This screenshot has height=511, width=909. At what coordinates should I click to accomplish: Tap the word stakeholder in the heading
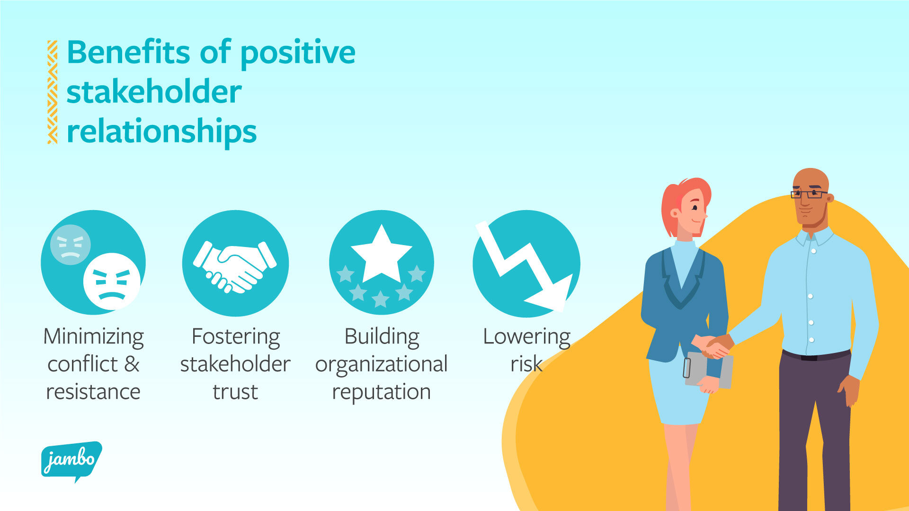154,92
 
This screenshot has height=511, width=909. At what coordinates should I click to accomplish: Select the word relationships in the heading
161,132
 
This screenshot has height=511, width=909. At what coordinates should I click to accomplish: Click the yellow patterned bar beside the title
52,92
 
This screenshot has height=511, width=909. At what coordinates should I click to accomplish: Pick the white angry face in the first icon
112,282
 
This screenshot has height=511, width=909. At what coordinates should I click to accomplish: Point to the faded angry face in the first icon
70,245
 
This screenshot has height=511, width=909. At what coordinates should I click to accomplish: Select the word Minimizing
93,337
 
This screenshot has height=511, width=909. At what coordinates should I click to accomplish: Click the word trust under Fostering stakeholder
235,392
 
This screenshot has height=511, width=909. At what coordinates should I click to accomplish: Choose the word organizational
381,364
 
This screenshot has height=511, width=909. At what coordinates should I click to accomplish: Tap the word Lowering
526,337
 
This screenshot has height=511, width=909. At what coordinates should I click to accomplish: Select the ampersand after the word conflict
132,364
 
